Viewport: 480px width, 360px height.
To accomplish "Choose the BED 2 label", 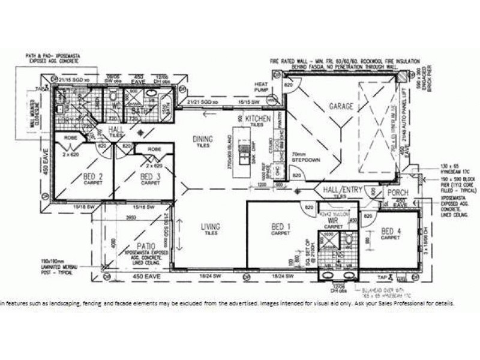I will [92, 176].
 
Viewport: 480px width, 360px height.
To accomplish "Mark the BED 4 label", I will [391, 232].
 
